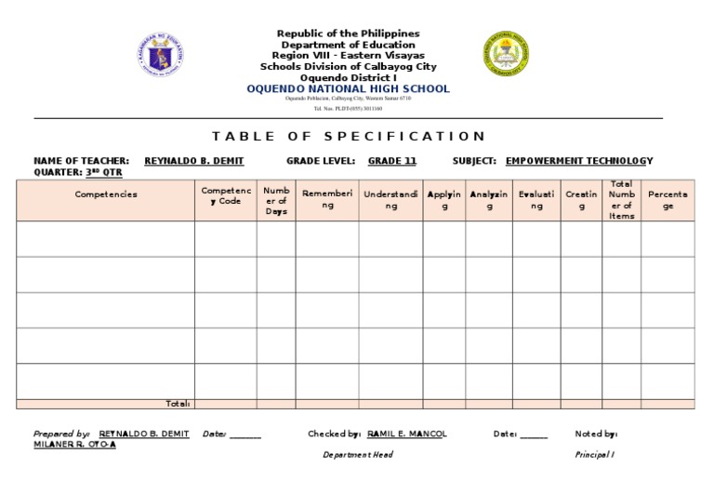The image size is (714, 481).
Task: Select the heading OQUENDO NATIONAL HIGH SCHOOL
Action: point(348,89)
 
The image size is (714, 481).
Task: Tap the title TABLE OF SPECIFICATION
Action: point(349,136)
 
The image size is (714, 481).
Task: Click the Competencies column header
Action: point(105,194)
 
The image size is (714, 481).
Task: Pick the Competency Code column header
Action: point(225,195)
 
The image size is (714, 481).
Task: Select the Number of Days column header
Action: point(276,200)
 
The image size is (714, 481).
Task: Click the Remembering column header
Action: point(327,200)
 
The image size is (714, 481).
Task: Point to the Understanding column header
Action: point(390,200)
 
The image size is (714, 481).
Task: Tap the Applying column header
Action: point(444,200)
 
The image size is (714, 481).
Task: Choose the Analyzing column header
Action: point(489,200)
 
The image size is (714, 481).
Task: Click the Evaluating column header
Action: point(536,200)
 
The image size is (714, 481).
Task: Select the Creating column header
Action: point(581,200)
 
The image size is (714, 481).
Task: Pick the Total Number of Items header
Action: point(621,199)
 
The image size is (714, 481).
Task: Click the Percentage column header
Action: point(668,200)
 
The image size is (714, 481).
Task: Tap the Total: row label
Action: point(177,404)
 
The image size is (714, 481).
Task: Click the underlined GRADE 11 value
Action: point(391,161)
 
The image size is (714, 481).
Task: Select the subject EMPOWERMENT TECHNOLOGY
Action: point(578,161)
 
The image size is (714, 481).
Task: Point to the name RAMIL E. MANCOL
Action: point(407,434)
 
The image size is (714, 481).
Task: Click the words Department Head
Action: point(357,455)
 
